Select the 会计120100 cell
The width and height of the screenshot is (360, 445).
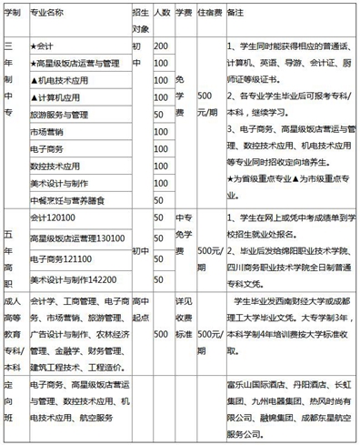click(x=51, y=219)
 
